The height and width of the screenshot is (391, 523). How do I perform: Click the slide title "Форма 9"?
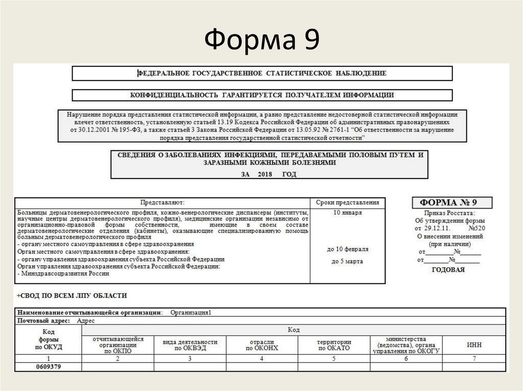(x=261, y=40)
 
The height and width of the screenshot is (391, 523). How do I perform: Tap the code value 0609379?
(x=49, y=367)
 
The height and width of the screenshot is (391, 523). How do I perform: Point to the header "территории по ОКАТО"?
(x=334, y=345)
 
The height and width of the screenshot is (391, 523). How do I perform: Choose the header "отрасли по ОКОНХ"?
(x=261, y=345)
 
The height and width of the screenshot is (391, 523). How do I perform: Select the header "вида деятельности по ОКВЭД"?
(x=190, y=345)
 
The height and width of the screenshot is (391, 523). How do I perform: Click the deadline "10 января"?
(x=347, y=212)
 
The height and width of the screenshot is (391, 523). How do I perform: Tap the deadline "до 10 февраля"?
(x=347, y=249)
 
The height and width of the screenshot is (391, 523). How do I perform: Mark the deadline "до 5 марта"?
(x=347, y=261)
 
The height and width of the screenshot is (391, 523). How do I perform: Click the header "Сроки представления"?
(x=347, y=202)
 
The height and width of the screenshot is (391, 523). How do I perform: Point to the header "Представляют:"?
(x=162, y=202)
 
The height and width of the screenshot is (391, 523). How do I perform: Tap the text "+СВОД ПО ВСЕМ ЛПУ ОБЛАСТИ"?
(x=72, y=296)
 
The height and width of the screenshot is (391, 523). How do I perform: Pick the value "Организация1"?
(x=191, y=312)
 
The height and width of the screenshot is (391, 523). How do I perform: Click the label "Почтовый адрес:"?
(x=45, y=321)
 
